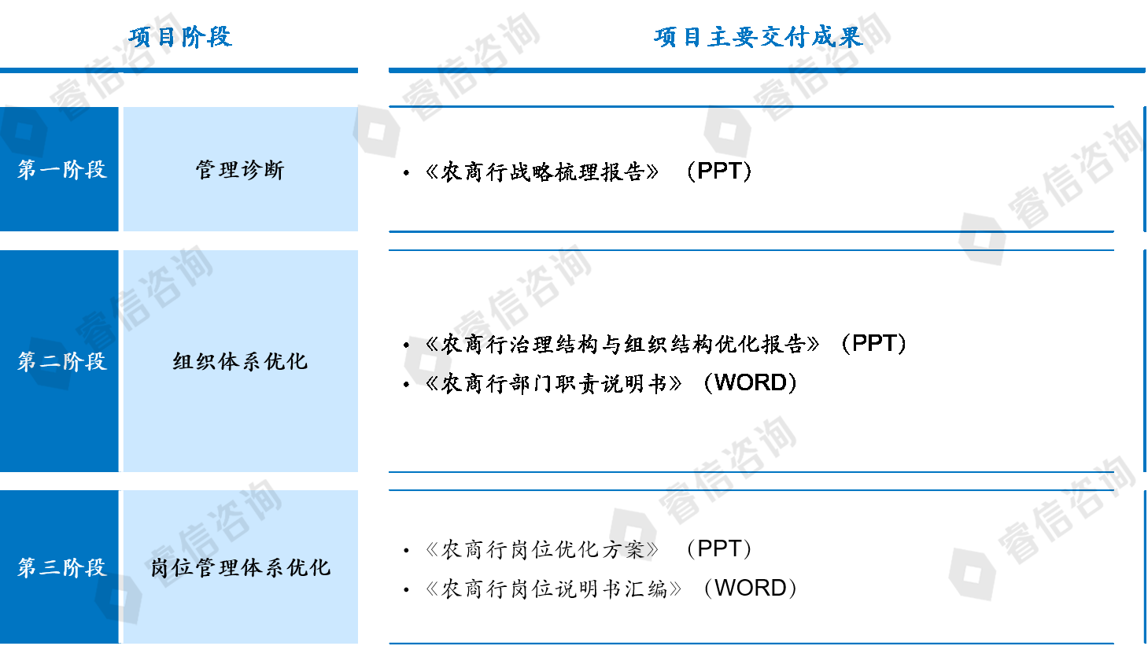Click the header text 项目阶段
coord(180,37)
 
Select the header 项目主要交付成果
coord(759,37)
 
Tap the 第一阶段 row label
coord(61,169)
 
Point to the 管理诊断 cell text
coord(240,169)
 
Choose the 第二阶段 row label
coord(61,361)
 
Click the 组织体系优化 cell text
coord(240,361)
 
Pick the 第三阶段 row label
coord(61,567)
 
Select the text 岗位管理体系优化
coord(240,567)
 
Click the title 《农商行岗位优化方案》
coord(542,549)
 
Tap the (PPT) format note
coord(719,548)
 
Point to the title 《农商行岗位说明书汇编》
coord(554,589)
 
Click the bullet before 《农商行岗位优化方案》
coord(406,551)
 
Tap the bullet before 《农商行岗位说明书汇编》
coord(406,590)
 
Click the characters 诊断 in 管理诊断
coord(263,169)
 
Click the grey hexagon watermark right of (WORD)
coord(973,573)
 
